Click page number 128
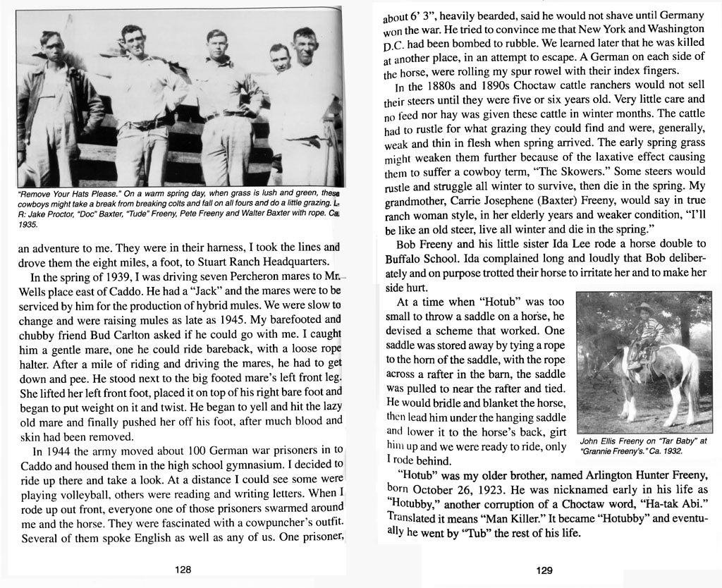(x=183, y=570)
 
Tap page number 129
(x=544, y=570)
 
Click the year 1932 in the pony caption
(x=670, y=446)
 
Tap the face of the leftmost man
(x=51, y=49)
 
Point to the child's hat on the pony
(x=643, y=308)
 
